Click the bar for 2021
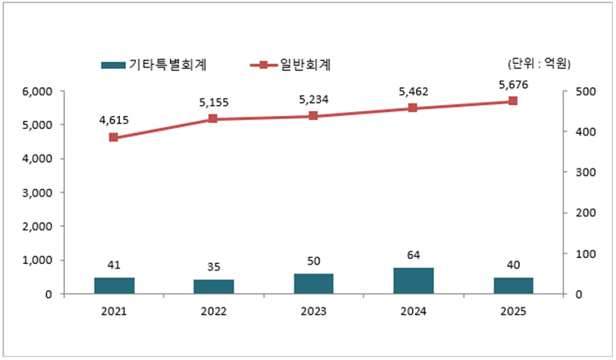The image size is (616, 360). coord(113,285)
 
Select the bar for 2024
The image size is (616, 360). coord(413,280)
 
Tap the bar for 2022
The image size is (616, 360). coord(213,286)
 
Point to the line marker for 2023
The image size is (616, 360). coord(313,116)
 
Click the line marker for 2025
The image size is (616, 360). coord(512,101)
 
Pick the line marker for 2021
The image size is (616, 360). coord(113,137)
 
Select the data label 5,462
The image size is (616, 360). coord(413,92)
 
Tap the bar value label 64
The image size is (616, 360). coord(413,254)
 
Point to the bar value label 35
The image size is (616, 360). coord(213,266)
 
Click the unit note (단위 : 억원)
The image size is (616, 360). coord(540,64)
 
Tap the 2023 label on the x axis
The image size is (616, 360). coord(313,312)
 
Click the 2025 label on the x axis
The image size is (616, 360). coord(512,312)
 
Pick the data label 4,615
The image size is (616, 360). coord(113,121)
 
